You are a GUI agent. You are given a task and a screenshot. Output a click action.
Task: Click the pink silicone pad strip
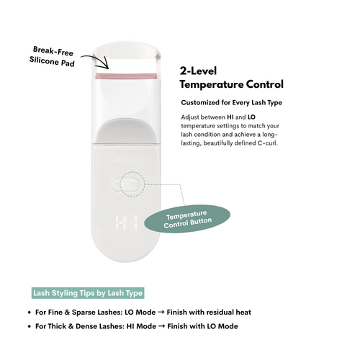pos(126,76)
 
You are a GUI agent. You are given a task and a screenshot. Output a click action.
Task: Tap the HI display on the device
pos(127,222)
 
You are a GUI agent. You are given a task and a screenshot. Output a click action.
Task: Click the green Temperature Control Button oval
pos(187,219)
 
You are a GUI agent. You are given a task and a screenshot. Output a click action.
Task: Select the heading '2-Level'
pos(198,71)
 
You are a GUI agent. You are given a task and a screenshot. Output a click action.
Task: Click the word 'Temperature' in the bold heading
pos(212,84)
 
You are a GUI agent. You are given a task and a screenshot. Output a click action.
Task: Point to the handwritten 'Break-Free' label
pos(53,51)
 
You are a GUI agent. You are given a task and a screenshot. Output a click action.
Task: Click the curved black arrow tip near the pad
pos(108,68)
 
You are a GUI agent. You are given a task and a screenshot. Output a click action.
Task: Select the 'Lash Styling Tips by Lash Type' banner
pos(88,293)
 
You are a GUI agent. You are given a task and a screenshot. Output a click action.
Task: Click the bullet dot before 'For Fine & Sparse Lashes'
pos(30,312)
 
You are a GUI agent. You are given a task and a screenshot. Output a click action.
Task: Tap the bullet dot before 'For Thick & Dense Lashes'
pos(30,326)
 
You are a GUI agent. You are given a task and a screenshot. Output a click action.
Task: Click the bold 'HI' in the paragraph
pos(230,117)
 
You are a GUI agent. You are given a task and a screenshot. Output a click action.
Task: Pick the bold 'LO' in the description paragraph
pos(251,117)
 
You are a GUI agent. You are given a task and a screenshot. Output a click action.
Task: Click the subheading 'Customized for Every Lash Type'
pos(232,102)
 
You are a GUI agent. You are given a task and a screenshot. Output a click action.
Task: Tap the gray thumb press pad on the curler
pos(126,131)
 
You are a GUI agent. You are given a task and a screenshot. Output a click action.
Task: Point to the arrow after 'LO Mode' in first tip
pos(161,312)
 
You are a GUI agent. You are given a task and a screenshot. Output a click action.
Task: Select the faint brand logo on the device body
pos(127,159)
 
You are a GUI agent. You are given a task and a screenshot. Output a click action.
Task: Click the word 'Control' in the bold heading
pos(265,84)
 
